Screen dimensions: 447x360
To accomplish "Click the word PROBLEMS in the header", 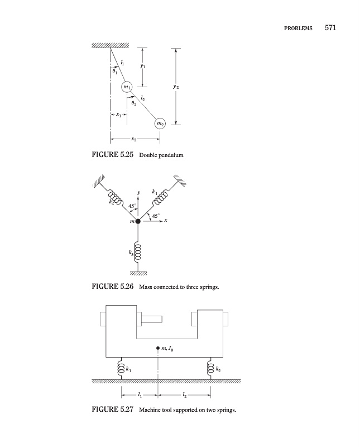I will click(x=296, y=29).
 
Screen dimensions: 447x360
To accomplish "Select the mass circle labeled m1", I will click(x=126, y=88).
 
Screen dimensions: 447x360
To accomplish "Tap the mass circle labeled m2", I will click(x=160, y=123).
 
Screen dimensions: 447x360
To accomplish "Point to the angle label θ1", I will click(x=114, y=72).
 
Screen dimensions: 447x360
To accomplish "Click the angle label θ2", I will click(x=132, y=103).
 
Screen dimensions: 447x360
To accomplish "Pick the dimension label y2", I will click(x=176, y=87).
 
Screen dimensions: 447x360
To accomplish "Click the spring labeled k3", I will click(x=138, y=251).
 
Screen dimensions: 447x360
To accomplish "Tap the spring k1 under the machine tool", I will click(x=121, y=369).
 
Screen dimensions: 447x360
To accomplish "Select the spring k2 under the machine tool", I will click(x=211, y=369).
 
